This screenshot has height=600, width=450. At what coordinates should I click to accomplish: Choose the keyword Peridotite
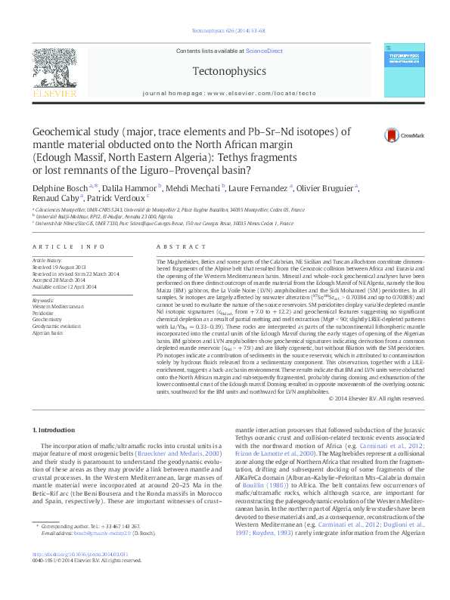[42, 311]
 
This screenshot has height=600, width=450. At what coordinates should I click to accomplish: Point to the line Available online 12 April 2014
[64, 287]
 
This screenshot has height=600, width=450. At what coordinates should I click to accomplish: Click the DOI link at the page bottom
[74, 576]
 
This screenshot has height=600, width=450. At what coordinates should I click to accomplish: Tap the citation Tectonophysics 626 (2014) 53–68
[225, 32]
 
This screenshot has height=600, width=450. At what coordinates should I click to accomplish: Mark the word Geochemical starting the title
[64, 131]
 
